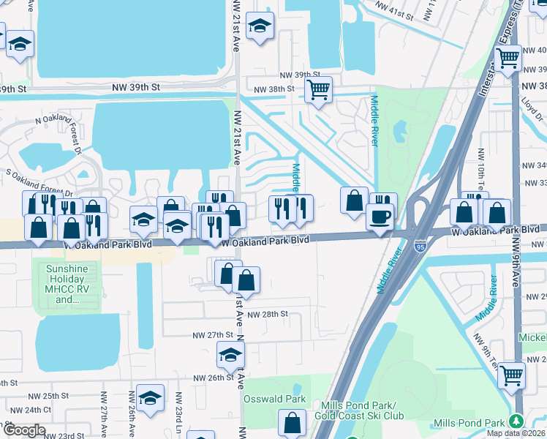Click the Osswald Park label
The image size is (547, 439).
[285, 399]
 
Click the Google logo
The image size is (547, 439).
[23, 430]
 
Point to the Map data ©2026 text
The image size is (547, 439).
[516, 433]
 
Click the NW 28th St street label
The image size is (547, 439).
[263, 314]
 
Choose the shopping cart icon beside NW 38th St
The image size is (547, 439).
[318, 90]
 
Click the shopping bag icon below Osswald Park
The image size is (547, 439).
[293, 422]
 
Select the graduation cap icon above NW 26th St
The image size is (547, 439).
[230, 355]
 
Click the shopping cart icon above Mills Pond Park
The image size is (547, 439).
[511, 375]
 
